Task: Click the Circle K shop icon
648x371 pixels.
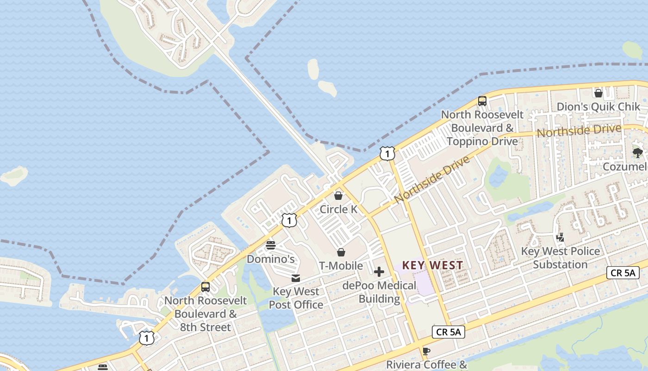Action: (x=338, y=196)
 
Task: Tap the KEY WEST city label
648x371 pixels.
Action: (x=432, y=265)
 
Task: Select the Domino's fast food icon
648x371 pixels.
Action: (x=271, y=245)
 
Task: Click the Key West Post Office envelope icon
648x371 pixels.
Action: (x=295, y=278)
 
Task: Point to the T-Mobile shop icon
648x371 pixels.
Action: (x=341, y=252)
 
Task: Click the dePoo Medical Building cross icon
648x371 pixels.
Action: (x=379, y=272)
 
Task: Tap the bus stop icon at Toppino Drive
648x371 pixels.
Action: (x=482, y=101)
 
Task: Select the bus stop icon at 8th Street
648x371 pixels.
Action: (x=206, y=287)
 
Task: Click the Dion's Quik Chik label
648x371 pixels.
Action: (x=598, y=107)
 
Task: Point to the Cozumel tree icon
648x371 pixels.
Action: (x=638, y=153)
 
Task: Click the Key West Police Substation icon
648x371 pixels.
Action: (x=561, y=237)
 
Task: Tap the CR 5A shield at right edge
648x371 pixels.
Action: (x=623, y=273)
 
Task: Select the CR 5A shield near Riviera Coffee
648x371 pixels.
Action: (x=448, y=332)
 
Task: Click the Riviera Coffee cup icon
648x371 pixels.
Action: (x=426, y=351)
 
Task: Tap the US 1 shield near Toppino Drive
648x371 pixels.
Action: (x=387, y=154)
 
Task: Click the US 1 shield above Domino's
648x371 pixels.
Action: (x=289, y=220)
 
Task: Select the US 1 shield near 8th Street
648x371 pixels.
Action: (x=146, y=338)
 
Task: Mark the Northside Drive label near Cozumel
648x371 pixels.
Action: (x=579, y=131)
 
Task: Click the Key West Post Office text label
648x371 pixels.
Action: (x=296, y=298)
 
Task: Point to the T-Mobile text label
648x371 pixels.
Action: (x=341, y=266)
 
